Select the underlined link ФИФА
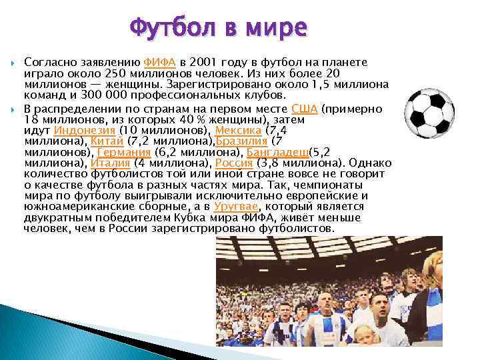pos(159,62)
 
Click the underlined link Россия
pos(234,163)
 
